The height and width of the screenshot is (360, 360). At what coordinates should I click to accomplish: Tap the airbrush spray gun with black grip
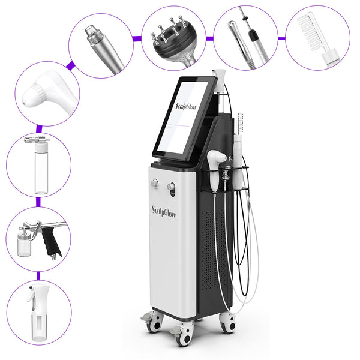(x=39, y=236)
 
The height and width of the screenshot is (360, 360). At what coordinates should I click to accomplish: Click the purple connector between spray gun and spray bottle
(x=38, y=275)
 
